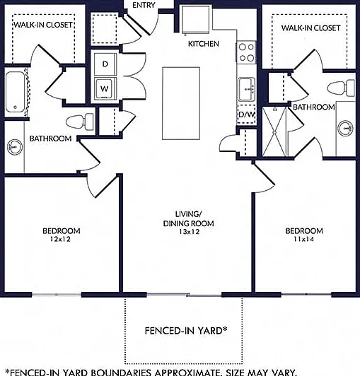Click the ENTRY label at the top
coord(144,5)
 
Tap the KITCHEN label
coord(204,44)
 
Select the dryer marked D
coord(105,64)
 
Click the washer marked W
coord(105,88)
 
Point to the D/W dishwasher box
coord(246,114)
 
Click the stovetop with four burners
coord(246,52)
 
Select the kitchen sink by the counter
coord(246,89)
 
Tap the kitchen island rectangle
coord(181,103)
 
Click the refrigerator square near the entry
coord(195,20)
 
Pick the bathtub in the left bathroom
coord(15,93)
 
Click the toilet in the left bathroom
coord(79,122)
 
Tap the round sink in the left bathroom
coord(15,147)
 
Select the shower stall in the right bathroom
coord(274,131)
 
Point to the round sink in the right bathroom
coord(345,128)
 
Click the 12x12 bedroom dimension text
coord(61,239)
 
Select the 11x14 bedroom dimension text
coord(304,239)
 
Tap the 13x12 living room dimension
coord(189,232)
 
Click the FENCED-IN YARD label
coord(186,331)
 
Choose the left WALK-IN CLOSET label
coord(43,25)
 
